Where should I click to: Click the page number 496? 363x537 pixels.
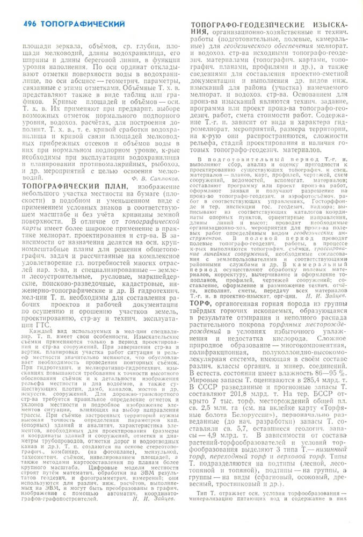(x=31, y=24)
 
